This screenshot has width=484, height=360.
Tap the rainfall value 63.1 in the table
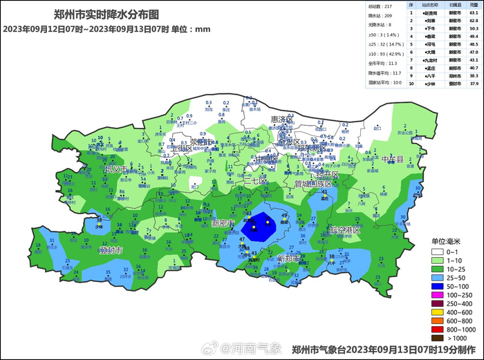coord(474,13)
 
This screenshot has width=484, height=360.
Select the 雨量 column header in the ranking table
coord(474,4)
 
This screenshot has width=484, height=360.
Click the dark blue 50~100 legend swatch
coord(437,285)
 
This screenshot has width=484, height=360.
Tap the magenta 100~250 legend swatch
coord(437,294)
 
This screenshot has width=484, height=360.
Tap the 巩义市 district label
coord(116,169)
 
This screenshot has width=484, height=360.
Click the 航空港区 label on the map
coord(344,229)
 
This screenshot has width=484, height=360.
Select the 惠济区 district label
coord(283,120)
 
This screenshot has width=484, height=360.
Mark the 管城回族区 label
coord(313,184)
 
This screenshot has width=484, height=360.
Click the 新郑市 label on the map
coord(288,258)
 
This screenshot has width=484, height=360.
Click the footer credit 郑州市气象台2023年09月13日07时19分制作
coord(384,350)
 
